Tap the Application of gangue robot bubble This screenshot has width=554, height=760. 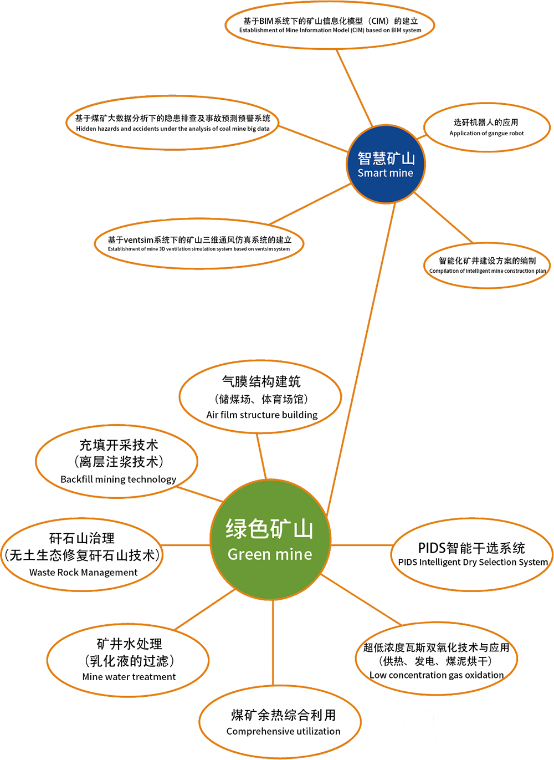(486, 127)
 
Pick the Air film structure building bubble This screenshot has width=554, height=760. (261, 397)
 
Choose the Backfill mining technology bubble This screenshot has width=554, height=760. (117, 461)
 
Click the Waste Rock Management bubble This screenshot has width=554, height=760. (83, 554)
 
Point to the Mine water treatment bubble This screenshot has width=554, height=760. (129, 660)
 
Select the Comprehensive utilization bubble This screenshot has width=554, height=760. (283, 722)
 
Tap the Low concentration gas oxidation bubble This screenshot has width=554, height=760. (436, 660)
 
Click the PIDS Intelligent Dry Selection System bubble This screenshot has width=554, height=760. (472, 554)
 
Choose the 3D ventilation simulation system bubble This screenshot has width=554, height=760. (199, 244)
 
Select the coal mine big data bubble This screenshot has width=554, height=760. (173, 123)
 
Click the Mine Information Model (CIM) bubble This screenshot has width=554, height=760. (330, 25)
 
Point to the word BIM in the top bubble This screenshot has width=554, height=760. (266, 21)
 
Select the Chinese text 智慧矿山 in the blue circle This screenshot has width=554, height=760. (386, 159)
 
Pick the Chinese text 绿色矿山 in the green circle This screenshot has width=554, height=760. (270, 529)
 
